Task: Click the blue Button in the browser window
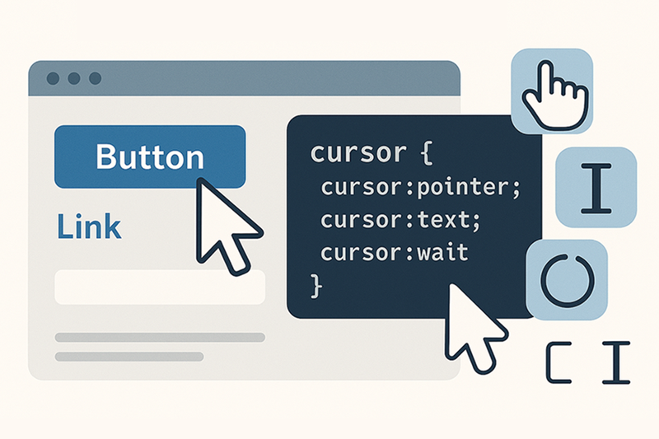[x=149, y=156]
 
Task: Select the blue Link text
[x=89, y=226]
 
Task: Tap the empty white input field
[x=159, y=287]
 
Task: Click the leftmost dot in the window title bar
[x=54, y=79]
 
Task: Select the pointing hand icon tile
[x=552, y=91]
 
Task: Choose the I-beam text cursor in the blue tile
[x=596, y=187]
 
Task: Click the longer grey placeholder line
[x=159, y=337]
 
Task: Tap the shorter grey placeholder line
[x=129, y=357]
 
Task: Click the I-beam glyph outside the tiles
[x=615, y=363]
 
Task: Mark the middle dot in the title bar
[x=74, y=79]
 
